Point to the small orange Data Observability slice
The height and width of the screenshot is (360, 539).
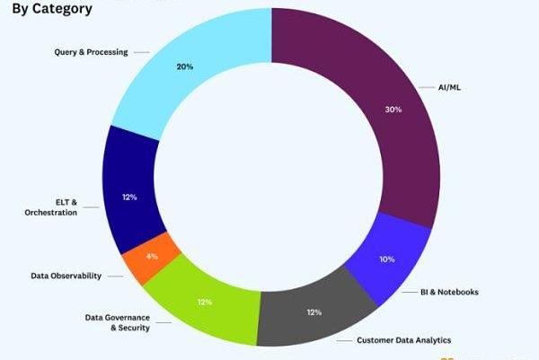pos(150,259)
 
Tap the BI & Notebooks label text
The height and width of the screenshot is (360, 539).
pos(450,292)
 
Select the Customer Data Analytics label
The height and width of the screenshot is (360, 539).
pos(403,340)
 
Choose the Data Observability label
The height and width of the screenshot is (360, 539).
pos(66,276)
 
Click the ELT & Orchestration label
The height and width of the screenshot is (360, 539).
pos(50,207)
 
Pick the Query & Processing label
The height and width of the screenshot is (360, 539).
pos(91,52)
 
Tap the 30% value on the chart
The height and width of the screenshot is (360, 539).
pos(392,109)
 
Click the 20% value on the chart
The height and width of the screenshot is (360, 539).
pos(184,66)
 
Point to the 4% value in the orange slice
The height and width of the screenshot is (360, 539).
pos(152,257)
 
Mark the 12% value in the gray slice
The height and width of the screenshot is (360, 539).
pos(314,312)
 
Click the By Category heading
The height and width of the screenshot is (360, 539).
pos(51,9)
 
